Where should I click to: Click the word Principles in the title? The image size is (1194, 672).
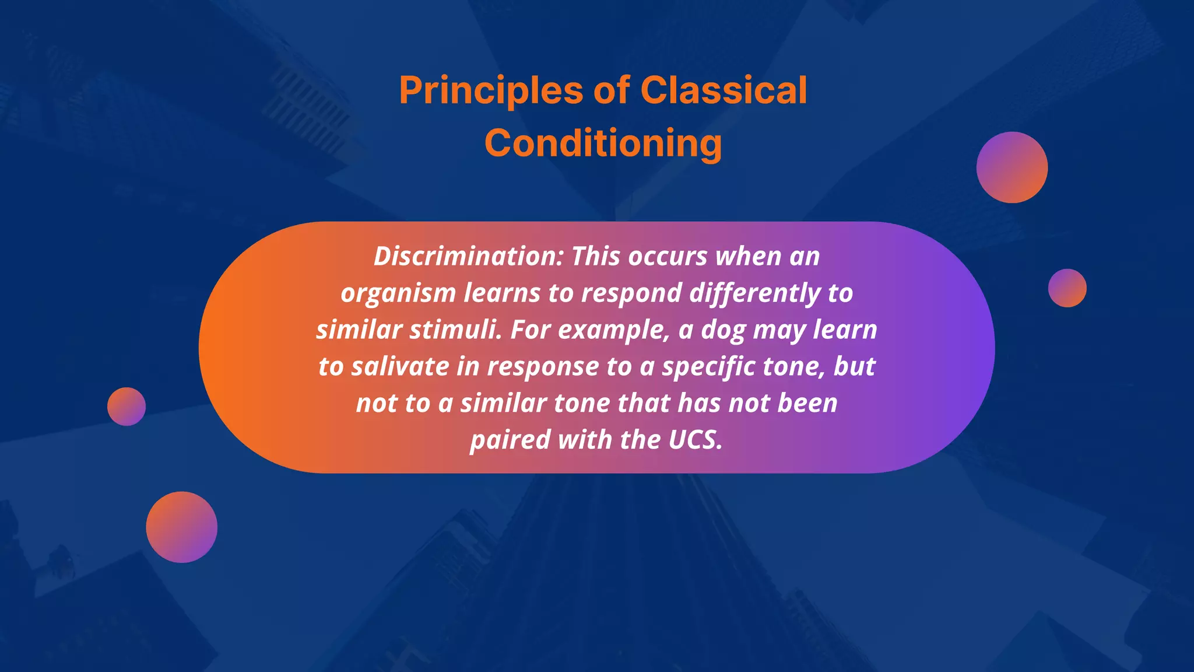tap(491, 91)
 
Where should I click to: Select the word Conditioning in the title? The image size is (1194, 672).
tap(603, 143)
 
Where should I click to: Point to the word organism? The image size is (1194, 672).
tap(398, 293)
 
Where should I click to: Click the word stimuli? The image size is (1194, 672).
tap(455, 330)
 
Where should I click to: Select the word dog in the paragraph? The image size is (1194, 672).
tap(723, 330)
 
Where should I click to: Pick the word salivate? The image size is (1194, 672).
tap(401, 367)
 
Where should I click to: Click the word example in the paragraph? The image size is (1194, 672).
tap(614, 330)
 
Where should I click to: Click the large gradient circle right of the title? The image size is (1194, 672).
tap(1012, 167)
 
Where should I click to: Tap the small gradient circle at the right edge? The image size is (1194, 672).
tap(1067, 288)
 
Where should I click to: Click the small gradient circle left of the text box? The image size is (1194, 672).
tap(127, 407)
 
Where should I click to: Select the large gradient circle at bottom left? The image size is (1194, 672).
tap(181, 527)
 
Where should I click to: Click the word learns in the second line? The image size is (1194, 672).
tap(502, 293)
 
